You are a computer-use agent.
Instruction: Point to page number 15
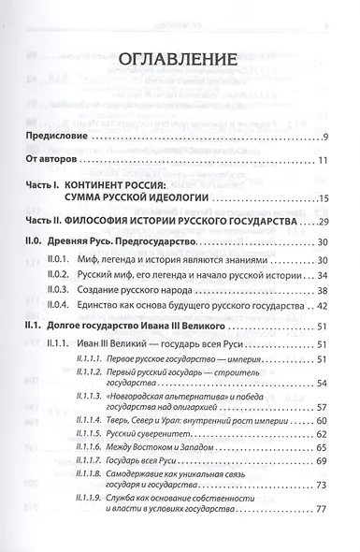323,201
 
